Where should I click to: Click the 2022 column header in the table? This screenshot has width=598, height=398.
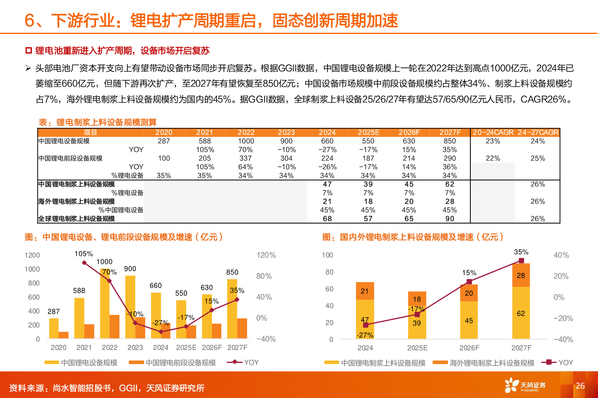(246, 133)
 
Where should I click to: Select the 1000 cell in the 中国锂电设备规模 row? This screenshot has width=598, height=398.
(246, 141)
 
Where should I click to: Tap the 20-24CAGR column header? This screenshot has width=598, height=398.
(493, 133)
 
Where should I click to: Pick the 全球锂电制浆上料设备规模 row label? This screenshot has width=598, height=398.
(77, 219)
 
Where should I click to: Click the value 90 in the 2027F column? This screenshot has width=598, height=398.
(450, 219)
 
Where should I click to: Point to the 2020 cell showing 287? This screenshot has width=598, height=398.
(164, 141)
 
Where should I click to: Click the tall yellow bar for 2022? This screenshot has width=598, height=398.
(105, 304)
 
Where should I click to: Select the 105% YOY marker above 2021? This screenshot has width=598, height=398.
(84, 263)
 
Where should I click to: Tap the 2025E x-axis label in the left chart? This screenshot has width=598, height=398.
(186, 348)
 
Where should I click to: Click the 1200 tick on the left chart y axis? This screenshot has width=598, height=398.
(32, 255)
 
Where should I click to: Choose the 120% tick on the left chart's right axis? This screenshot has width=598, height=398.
(266, 255)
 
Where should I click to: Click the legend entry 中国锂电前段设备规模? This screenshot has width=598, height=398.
(180, 363)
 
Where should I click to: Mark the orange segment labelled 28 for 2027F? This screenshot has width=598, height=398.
(521, 275)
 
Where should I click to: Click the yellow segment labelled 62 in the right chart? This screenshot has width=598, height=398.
(521, 313)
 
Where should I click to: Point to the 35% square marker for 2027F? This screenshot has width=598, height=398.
(521, 261)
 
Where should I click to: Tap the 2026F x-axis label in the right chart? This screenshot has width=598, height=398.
(469, 348)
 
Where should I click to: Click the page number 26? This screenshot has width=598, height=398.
(580, 386)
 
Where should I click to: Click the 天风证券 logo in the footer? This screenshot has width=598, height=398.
(525, 386)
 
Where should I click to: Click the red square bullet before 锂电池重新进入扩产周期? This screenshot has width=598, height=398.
(28, 51)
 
